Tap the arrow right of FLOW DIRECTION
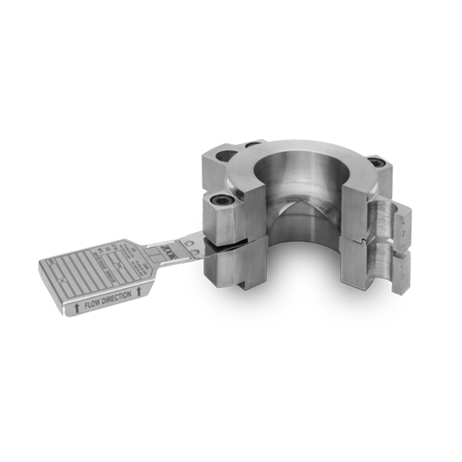coord(138,292)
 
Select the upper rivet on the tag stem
coord(189,243)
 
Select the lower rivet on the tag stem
coord(195,252)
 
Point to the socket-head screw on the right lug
coord(376,163)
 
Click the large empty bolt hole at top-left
coord(228,156)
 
